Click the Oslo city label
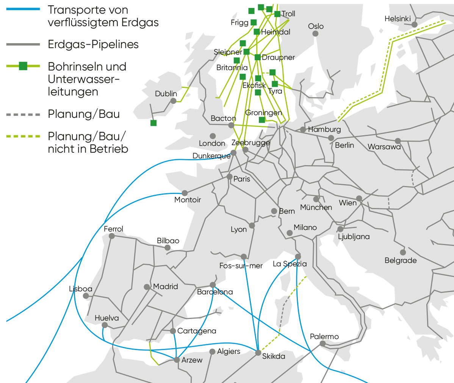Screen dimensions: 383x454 (x=316, y=26)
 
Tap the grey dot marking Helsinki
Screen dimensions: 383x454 (x=415, y=24)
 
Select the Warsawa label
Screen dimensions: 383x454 (x=384, y=147)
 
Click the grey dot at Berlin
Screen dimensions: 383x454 (x=331, y=138)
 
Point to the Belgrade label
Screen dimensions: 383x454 (x=401, y=260)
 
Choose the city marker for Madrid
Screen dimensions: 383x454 (x=147, y=287)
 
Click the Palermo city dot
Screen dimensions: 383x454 (x=322, y=344)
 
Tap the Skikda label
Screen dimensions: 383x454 (x=274, y=356)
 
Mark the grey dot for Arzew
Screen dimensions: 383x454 (x=177, y=360)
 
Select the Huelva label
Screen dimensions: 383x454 (x=106, y=318)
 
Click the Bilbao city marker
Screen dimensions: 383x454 (x=168, y=247)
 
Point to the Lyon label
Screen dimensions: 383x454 (x=239, y=229)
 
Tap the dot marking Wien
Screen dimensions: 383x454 (x=359, y=198)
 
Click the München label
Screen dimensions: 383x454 (x=316, y=207)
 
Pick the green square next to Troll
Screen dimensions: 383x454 (x=277, y=14)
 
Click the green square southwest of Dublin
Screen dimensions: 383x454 (x=153, y=123)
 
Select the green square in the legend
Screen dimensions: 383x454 (x=23, y=66)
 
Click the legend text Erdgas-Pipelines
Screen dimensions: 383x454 (x=93, y=44)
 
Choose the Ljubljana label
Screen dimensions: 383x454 (x=354, y=237)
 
